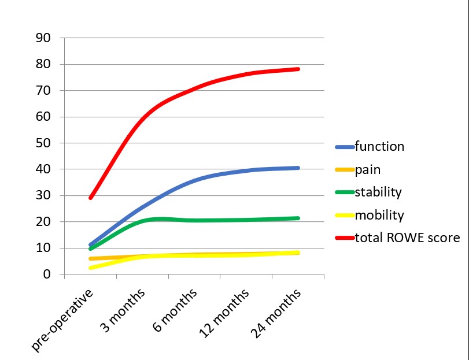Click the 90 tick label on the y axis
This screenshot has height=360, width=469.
coord(43,38)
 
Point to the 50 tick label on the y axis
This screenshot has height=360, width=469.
coord(43,143)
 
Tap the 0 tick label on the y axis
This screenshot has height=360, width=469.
coord(47,274)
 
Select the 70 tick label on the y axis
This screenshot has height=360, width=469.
coord(43,91)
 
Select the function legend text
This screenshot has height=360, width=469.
coord(379,146)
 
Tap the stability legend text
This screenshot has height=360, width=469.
coord(378,192)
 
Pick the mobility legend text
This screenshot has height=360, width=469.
coord(379,215)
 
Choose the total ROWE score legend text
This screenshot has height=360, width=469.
coord(407,237)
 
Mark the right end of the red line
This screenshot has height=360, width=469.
coord(298,69)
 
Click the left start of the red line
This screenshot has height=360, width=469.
coord(91,198)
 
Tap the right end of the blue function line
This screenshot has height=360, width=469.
coord(298,168)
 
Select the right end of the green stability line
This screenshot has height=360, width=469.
coord(298,218)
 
